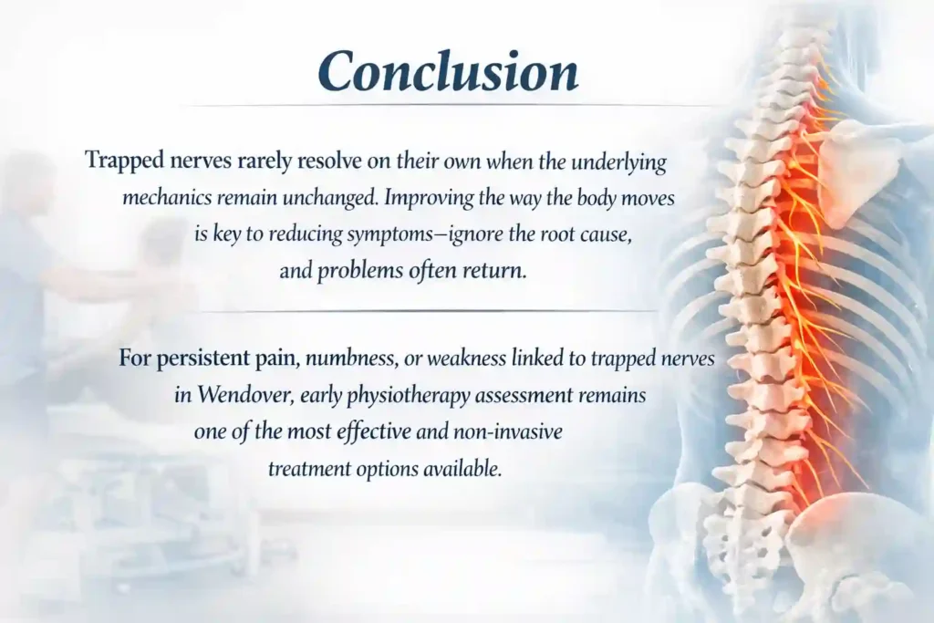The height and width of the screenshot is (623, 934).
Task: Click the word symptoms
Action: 391,234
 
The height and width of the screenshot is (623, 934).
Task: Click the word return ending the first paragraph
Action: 500,271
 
